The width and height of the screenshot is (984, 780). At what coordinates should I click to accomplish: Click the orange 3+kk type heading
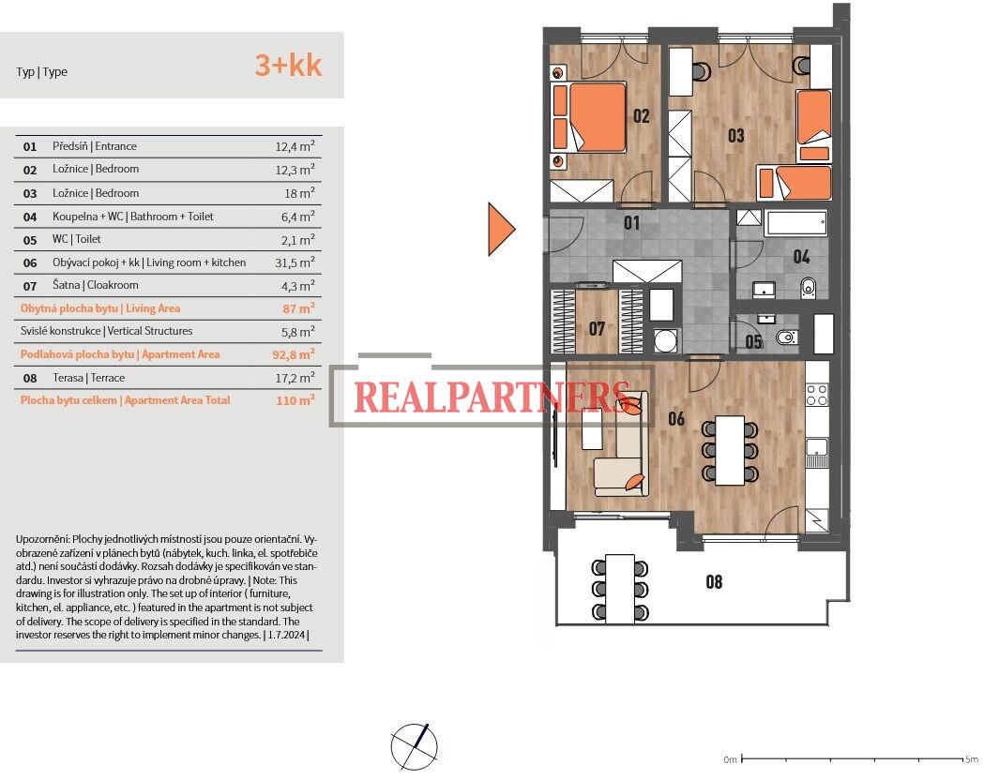(288, 66)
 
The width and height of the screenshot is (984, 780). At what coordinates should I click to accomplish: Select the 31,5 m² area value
(295, 262)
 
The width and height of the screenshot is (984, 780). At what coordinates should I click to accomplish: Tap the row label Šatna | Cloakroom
(96, 285)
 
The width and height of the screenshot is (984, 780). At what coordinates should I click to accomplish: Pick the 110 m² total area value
(295, 400)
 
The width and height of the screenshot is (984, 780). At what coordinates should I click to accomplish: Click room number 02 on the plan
(642, 116)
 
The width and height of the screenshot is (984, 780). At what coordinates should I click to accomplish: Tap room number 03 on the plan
(736, 135)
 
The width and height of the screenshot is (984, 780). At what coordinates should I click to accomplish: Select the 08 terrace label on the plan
(714, 582)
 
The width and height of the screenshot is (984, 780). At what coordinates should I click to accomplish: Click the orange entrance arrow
(502, 229)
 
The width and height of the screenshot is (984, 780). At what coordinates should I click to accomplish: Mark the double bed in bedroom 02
(589, 117)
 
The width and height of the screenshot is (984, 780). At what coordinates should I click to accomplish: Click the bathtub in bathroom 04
(795, 223)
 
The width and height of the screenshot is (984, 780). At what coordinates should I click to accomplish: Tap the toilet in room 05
(786, 337)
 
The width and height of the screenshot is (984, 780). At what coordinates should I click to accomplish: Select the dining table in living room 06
(731, 450)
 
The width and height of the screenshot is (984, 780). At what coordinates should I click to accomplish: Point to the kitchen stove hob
(816, 396)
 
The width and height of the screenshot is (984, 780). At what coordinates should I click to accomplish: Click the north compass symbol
(415, 747)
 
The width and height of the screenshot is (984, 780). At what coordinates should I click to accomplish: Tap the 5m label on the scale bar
(972, 759)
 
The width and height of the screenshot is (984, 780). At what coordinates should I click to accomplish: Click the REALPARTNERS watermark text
(492, 397)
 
